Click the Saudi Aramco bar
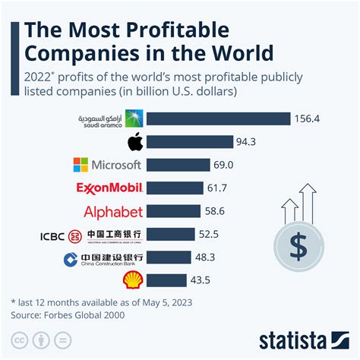[x=219, y=118]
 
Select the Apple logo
[x=134, y=141]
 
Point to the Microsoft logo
[x=107, y=165]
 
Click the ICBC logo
[x=92, y=235]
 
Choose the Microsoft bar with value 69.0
[x=178, y=165]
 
